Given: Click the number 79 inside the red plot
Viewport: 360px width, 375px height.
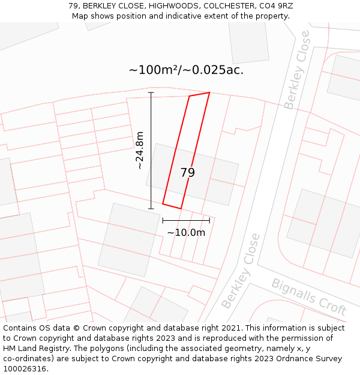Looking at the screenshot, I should pos(187,173).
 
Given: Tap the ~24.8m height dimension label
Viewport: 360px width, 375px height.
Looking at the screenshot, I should pos(140,150).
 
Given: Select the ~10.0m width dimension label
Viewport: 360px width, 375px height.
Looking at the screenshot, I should pos(186,233).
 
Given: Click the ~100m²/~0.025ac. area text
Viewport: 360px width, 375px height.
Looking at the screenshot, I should pos(186,70).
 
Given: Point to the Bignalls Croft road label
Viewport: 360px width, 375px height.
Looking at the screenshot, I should pos(309,297).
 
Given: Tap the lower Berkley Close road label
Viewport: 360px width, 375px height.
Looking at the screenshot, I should pos(241,271).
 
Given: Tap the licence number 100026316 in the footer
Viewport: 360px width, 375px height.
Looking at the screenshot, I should pos(25,369).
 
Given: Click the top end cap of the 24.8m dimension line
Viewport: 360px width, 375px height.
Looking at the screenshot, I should pos(151,92).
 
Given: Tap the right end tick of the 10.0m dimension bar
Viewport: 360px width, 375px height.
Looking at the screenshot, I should pos(209,220).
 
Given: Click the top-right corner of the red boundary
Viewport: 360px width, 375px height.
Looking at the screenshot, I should pos(209,92).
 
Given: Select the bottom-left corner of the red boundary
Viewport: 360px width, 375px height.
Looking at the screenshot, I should pos(163,204).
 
